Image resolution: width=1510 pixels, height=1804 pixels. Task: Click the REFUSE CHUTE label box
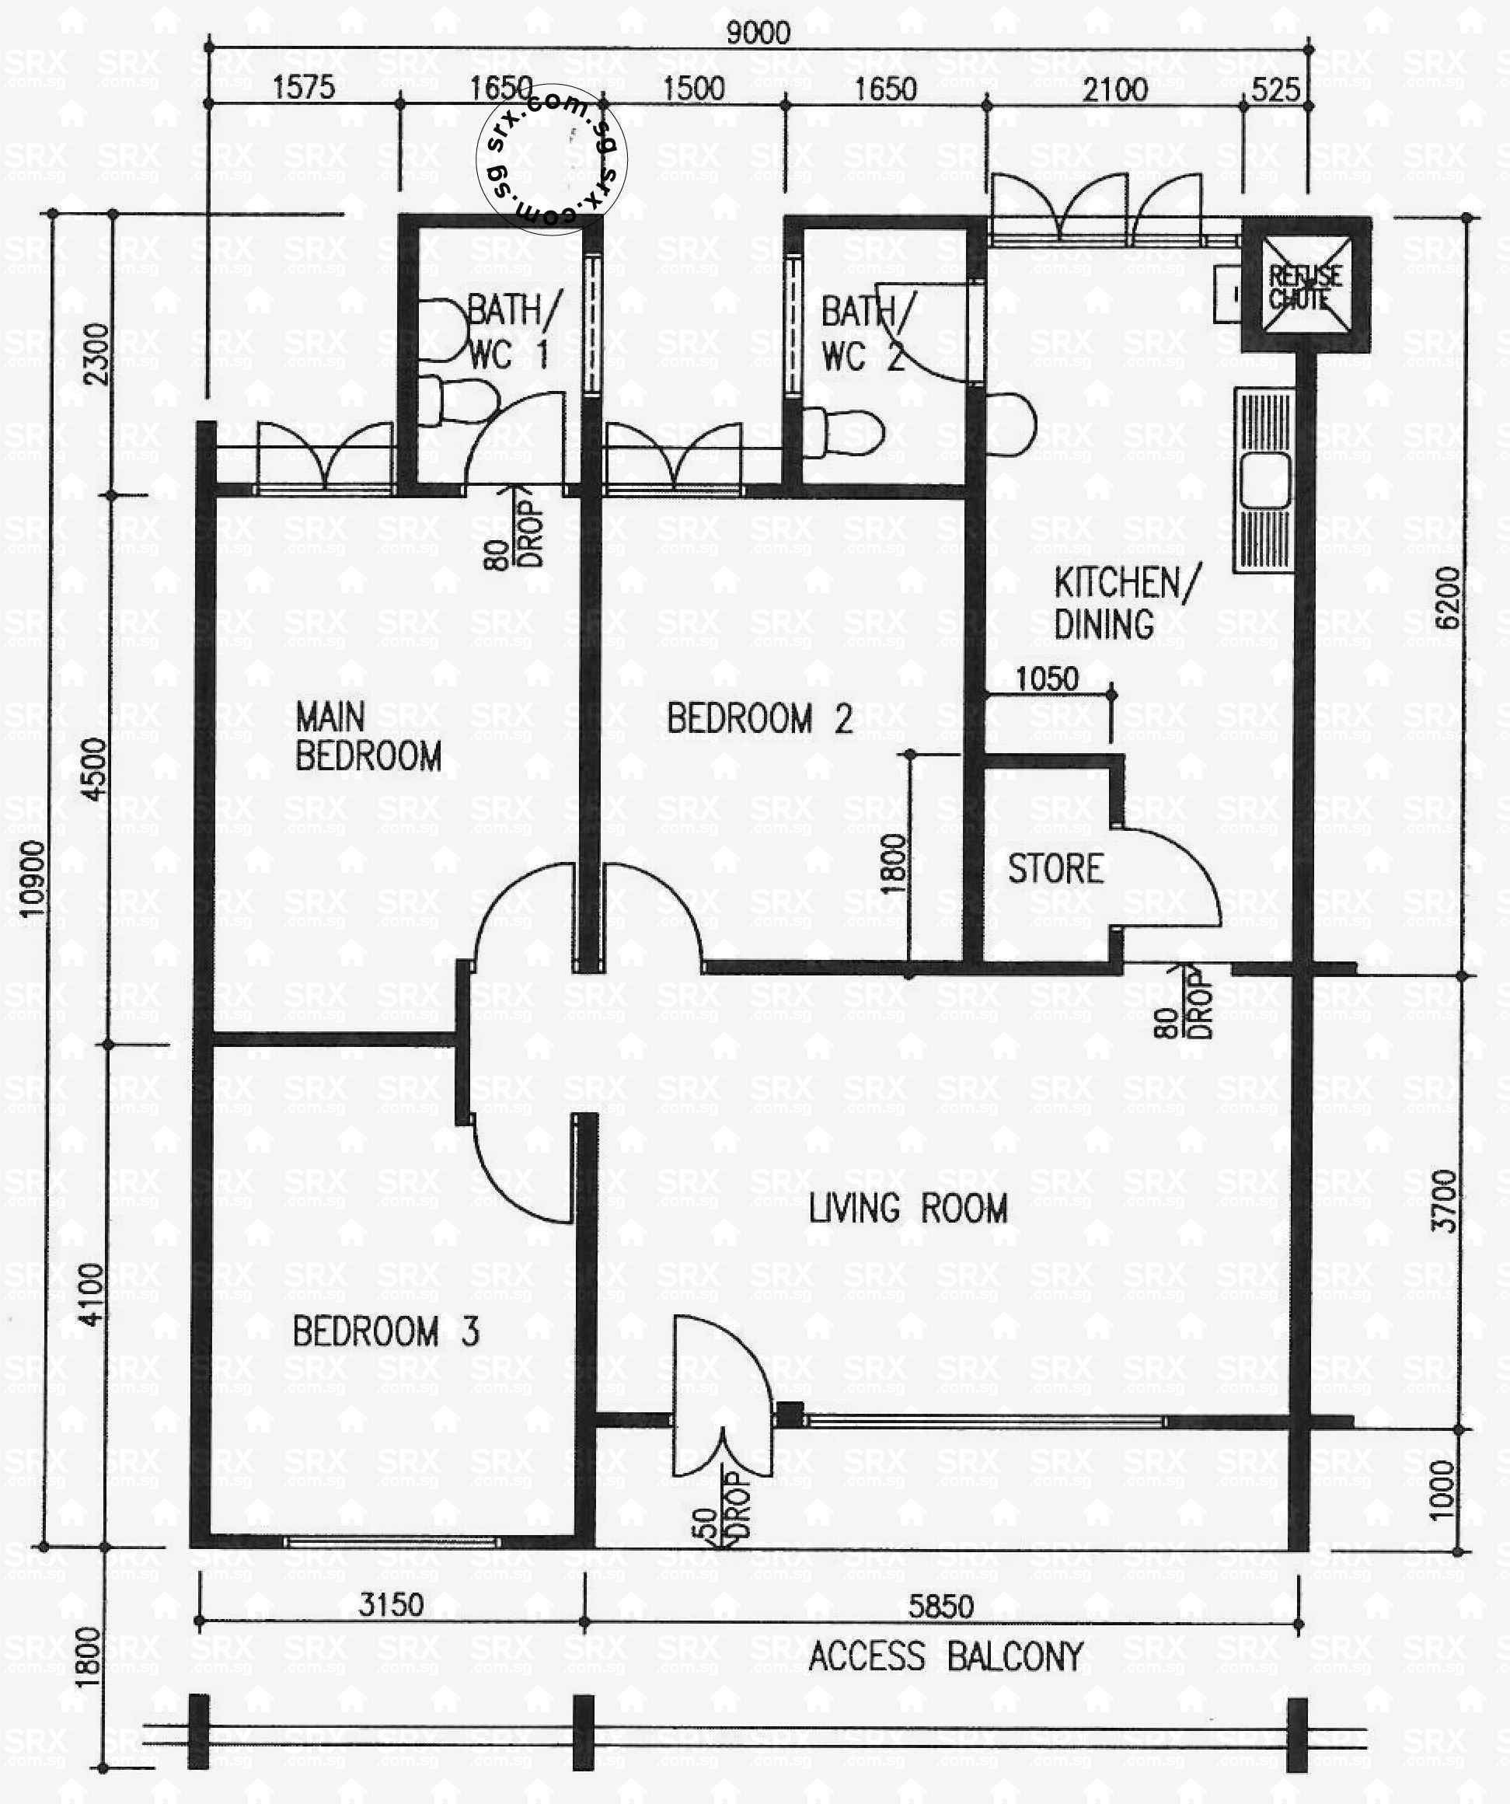click(x=1305, y=287)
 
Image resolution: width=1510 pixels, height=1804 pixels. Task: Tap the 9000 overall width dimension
click(x=758, y=33)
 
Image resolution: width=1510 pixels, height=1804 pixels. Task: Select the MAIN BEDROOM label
click(x=368, y=736)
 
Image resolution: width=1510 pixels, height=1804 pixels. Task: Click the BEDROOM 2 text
click(x=759, y=718)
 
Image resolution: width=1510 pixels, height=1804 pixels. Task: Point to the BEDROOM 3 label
click(x=385, y=1331)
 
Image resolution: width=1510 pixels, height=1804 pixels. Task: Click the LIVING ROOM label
click(x=908, y=1209)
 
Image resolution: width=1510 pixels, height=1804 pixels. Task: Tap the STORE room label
click(x=1055, y=868)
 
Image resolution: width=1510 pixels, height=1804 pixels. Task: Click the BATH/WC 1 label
click(x=511, y=331)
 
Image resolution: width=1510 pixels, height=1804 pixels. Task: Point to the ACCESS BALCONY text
click(x=946, y=1656)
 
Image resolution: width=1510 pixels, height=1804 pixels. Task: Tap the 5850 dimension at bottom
click(x=941, y=1606)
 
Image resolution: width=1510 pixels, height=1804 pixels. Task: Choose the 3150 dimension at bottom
click(x=391, y=1603)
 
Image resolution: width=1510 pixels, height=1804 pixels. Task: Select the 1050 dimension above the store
click(x=1046, y=679)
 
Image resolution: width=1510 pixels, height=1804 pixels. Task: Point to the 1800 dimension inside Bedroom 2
click(x=893, y=864)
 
